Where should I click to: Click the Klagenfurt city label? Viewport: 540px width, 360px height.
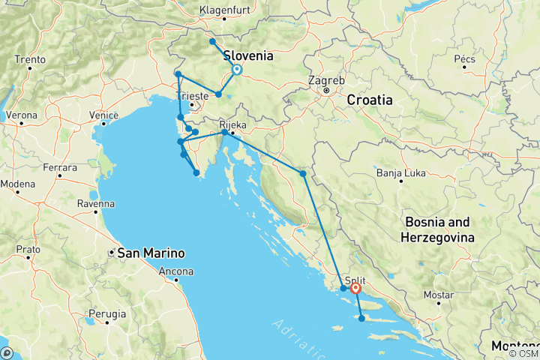224,10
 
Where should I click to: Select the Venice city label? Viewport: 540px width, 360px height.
103,115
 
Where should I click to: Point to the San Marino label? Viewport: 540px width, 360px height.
148,253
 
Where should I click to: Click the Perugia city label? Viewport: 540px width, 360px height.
106,310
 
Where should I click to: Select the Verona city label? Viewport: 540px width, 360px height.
21,115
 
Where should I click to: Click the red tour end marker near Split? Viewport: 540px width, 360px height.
355,288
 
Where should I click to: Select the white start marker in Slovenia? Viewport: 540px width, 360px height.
237,70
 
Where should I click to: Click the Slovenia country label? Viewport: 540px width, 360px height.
248,55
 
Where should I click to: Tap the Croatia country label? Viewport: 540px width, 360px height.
370,99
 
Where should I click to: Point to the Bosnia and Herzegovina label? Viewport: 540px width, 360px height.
439,229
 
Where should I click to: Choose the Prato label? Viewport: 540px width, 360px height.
28,247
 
